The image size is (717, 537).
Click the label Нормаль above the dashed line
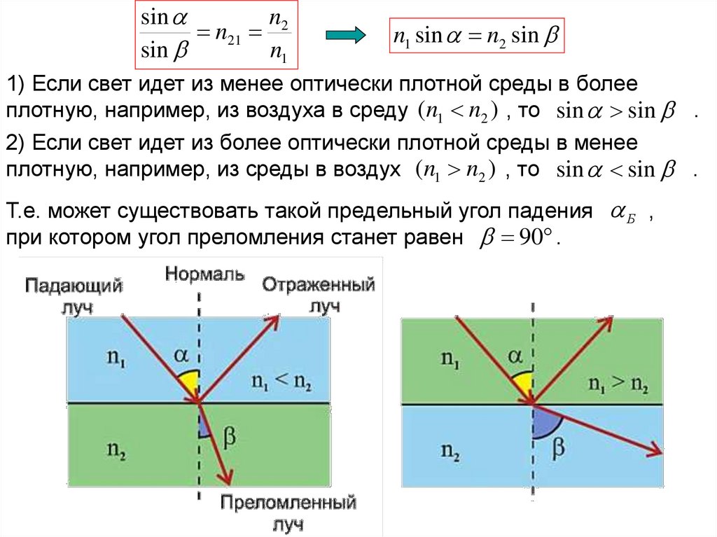pyautogui.click(x=204, y=274)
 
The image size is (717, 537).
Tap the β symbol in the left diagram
pyautogui.click(x=228, y=438)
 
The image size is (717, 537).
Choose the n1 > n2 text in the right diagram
pyautogui.click(x=618, y=384)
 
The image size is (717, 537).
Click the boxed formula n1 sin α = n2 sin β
pyautogui.click(x=476, y=36)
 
